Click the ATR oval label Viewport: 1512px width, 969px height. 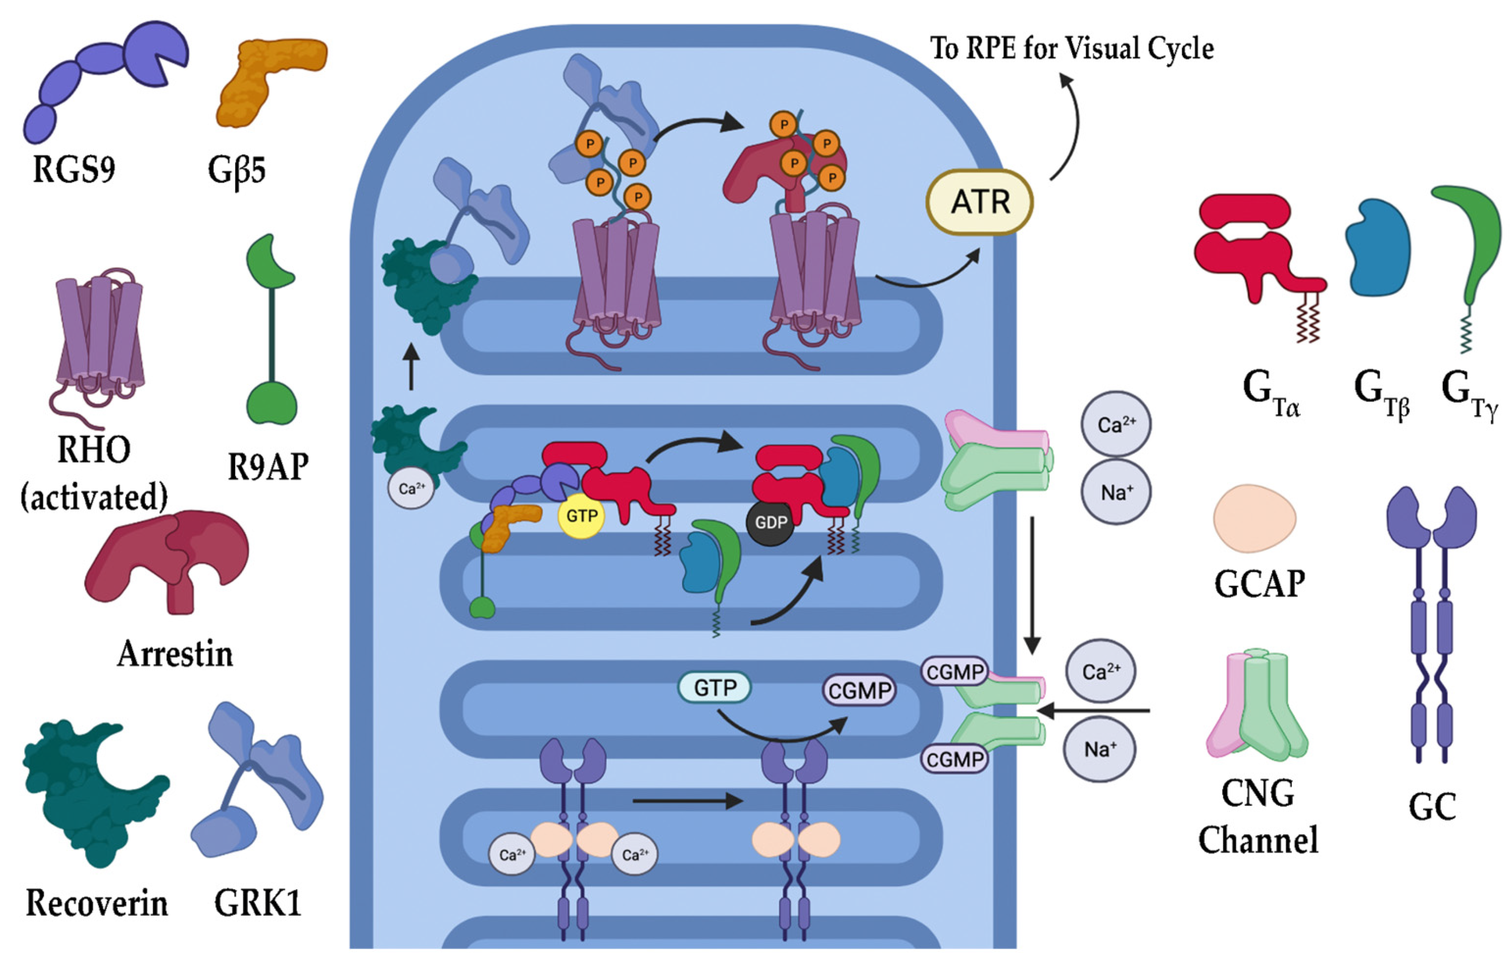979,202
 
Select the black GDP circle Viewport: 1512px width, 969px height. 771,522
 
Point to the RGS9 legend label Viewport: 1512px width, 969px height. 74,169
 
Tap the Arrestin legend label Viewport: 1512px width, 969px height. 175,654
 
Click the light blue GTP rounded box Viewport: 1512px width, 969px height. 714,688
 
